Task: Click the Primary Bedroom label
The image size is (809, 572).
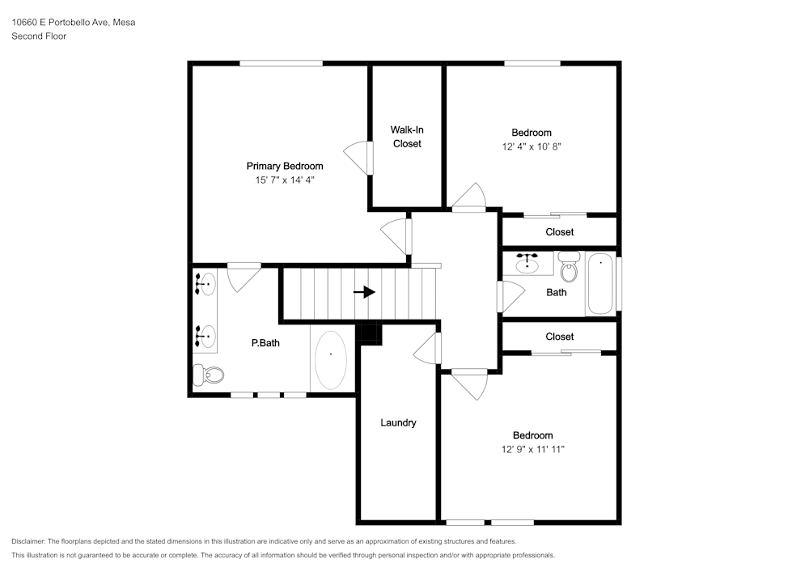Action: point(285,166)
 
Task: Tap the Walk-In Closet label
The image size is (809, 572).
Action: point(407,137)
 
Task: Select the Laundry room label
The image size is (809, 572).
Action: point(398,423)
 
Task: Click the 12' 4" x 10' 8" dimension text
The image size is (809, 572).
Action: point(532,146)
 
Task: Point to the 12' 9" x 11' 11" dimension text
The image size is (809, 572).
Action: point(533,449)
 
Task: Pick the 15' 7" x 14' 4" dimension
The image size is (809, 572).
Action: point(285,180)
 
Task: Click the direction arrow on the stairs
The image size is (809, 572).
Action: point(364,292)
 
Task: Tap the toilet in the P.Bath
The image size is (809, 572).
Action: point(209,375)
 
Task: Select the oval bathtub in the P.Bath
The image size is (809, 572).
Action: point(331,360)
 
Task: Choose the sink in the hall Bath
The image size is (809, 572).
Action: point(527,264)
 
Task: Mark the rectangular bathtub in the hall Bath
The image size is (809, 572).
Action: point(600,284)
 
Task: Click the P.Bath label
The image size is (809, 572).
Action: point(265,343)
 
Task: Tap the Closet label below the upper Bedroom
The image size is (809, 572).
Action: point(560,232)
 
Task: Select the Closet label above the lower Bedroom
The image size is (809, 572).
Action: point(560,337)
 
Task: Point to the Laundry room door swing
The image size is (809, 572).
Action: point(427,348)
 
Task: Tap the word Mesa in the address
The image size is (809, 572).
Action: point(125,22)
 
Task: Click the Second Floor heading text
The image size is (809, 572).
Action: point(39,36)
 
